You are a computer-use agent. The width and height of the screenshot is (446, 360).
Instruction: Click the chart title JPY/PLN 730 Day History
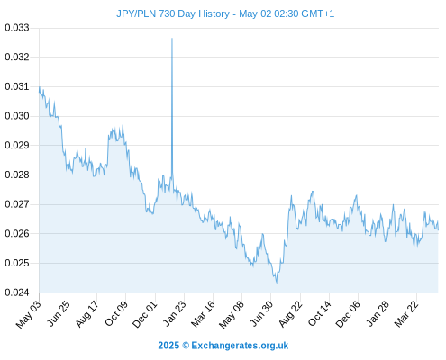click(173, 13)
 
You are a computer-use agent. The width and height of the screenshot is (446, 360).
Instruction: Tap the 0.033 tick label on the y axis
click(17, 28)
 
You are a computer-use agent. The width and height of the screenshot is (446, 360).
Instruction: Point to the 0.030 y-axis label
click(17, 116)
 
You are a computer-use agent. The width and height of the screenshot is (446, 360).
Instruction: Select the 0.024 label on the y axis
click(17, 292)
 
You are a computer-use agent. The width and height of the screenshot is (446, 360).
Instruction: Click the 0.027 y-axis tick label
click(17, 204)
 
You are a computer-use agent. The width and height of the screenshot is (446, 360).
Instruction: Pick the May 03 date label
click(29, 314)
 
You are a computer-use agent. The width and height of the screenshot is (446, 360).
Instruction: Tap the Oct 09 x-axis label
click(116, 313)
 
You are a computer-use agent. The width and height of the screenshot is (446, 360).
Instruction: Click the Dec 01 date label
click(145, 314)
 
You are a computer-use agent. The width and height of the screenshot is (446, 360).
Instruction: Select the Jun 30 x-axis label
click(262, 313)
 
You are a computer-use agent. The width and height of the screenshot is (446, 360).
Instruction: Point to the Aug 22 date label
click(290, 314)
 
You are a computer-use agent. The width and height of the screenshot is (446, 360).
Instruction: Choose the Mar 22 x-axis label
click(406, 314)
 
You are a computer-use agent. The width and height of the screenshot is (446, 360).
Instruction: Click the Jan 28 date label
click(378, 313)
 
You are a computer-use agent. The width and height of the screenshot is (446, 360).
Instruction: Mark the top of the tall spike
click(172, 39)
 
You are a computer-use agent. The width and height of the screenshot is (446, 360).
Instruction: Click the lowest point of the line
click(277, 283)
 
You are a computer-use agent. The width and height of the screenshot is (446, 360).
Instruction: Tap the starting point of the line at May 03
click(40, 87)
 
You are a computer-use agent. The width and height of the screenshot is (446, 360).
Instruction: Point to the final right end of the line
click(438, 229)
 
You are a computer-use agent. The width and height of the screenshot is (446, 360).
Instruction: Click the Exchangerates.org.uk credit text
click(240, 346)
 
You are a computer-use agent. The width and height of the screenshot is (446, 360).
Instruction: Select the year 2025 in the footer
click(168, 346)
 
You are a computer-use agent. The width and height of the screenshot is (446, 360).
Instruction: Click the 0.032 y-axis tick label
click(17, 57)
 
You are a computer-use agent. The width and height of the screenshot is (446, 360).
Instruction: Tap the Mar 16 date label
click(204, 314)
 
